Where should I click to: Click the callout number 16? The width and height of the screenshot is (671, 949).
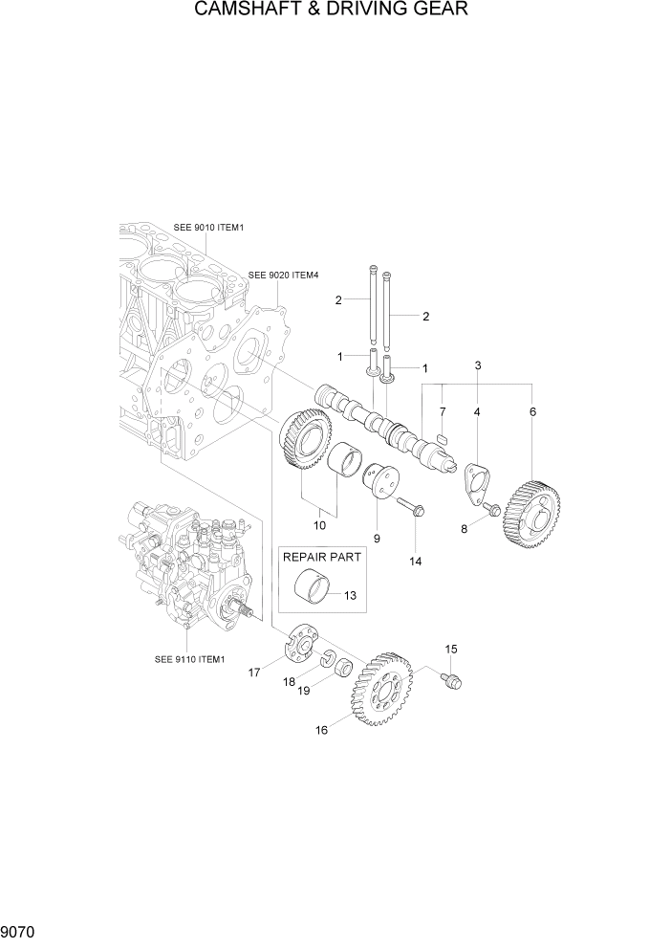click(x=321, y=730)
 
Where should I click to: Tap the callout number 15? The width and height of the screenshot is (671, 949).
click(x=451, y=650)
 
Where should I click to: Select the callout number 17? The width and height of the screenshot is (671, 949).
click(x=255, y=673)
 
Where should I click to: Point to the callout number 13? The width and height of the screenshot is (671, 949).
click(x=350, y=596)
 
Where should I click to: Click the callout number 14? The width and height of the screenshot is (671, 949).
click(x=416, y=562)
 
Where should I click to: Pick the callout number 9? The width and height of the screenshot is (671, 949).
click(x=377, y=539)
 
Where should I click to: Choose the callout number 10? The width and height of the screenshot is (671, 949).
click(x=319, y=525)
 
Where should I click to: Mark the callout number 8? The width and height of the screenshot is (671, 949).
click(x=465, y=527)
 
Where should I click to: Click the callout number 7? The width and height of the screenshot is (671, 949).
click(x=442, y=411)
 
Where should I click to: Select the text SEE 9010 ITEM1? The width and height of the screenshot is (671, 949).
click(x=209, y=228)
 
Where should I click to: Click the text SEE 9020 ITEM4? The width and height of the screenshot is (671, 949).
click(x=283, y=275)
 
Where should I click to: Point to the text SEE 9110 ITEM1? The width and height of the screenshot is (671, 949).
click(x=188, y=658)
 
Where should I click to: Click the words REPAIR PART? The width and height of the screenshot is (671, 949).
click(x=320, y=557)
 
